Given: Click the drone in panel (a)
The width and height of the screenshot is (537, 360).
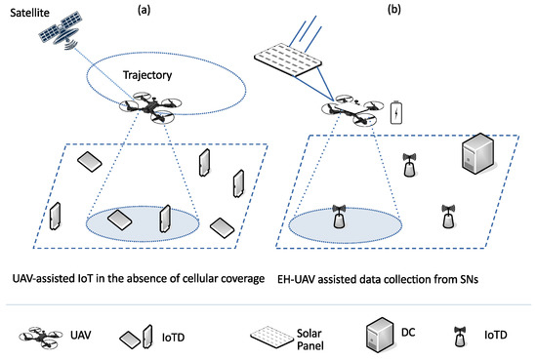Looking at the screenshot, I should (143, 110).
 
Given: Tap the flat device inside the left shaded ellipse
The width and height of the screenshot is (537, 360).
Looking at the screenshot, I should (123, 220).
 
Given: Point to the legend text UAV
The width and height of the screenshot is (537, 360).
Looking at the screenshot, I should (80, 335).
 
